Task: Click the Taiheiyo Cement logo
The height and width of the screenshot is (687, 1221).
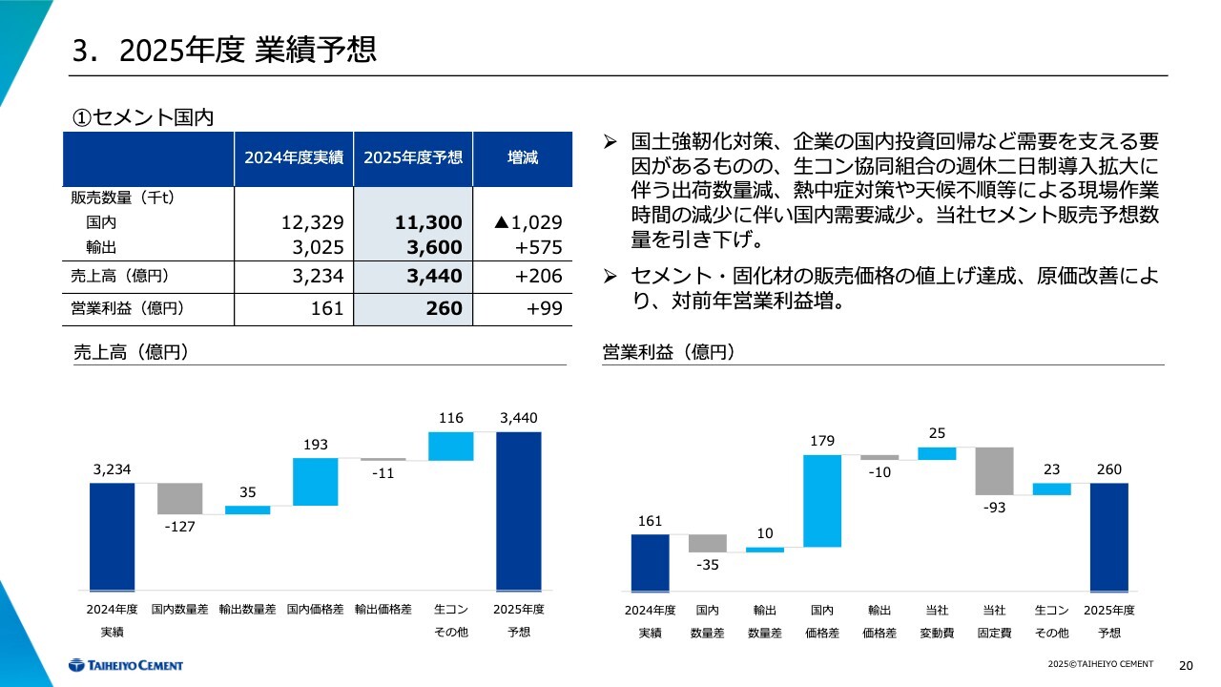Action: (x=125, y=665)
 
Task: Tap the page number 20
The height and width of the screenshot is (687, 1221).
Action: (x=1187, y=665)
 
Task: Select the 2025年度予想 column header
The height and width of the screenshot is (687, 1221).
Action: (x=413, y=157)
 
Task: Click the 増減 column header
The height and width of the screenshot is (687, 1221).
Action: (x=522, y=157)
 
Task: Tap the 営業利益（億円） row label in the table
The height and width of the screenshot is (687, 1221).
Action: (x=128, y=308)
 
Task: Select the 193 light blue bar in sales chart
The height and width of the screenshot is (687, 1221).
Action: (x=316, y=482)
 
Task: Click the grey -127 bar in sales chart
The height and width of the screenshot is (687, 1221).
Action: (x=179, y=498)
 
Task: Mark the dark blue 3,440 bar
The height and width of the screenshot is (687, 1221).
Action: (x=518, y=511)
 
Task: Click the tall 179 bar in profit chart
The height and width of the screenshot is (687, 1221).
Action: (x=822, y=501)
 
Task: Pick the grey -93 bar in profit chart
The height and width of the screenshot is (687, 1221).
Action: (x=994, y=470)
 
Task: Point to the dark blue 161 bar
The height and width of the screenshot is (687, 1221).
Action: (x=650, y=563)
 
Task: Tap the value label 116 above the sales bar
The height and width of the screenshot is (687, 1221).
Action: (x=451, y=418)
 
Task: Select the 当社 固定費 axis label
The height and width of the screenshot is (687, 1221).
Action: (x=994, y=620)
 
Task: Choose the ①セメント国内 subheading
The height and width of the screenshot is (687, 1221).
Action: (x=143, y=116)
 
